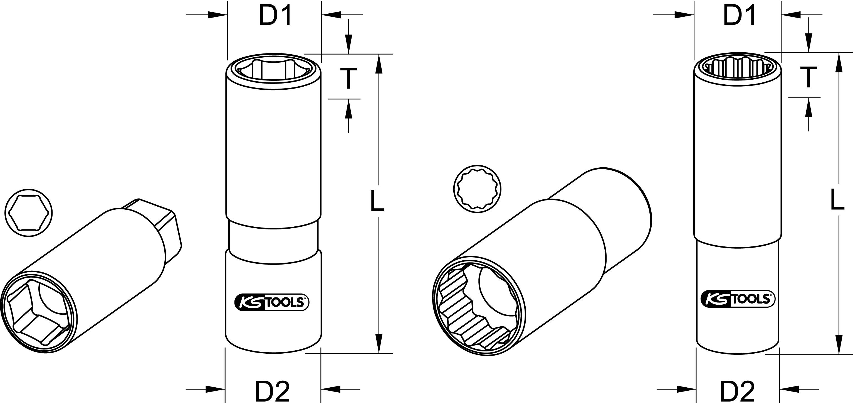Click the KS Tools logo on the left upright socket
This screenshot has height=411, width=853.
[x=271, y=303]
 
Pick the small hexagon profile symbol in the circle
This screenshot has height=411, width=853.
[x=28, y=213]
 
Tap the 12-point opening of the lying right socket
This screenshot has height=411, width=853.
[x=478, y=305]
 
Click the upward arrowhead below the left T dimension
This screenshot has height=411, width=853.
[x=348, y=109]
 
